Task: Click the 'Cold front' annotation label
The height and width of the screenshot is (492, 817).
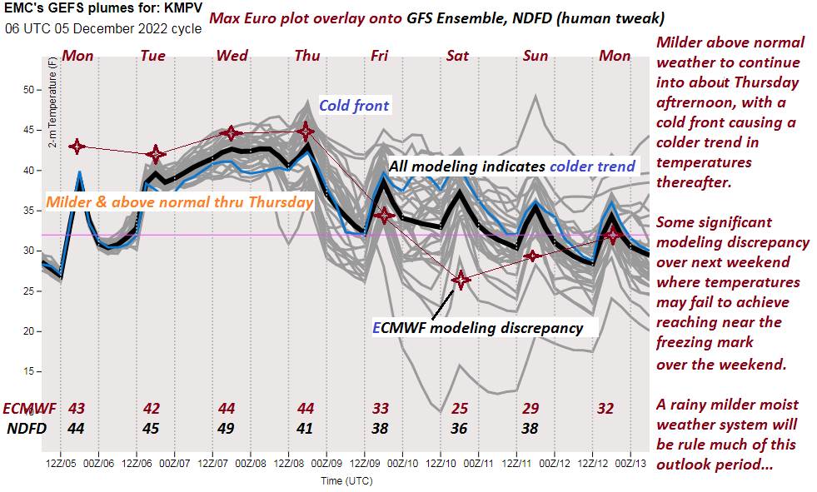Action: [x=354, y=107]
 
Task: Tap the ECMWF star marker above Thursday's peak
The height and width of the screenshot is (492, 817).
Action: [x=306, y=132]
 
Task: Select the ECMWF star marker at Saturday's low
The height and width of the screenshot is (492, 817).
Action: [x=461, y=280]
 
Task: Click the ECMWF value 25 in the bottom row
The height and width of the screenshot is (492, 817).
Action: [x=460, y=409]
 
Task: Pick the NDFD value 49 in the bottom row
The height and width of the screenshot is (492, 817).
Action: [x=227, y=429]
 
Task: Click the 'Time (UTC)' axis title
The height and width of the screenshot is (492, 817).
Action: [x=346, y=480]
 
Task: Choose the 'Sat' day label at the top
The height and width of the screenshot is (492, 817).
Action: [x=457, y=56]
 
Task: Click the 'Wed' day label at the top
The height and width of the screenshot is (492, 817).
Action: [x=232, y=56]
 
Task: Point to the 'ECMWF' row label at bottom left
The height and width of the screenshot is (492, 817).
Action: [x=29, y=409]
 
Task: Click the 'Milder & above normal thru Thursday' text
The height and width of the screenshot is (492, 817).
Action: [x=179, y=201]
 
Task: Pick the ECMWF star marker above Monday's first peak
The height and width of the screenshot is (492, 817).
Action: [x=77, y=147]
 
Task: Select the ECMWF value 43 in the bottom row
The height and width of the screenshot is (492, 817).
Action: [x=77, y=409]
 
